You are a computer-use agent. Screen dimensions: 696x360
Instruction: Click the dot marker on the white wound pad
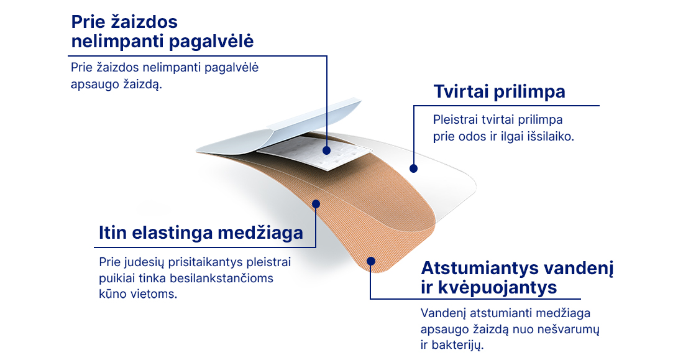click(327, 150)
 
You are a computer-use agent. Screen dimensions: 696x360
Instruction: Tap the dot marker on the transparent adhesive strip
click(414, 168)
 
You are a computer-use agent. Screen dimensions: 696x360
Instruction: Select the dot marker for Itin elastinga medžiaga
click(316, 204)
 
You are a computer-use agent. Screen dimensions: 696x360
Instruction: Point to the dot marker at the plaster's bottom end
click(370, 261)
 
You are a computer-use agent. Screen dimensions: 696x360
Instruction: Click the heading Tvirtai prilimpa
click(500, 91)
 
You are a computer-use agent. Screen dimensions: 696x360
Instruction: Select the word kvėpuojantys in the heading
click(498, 288)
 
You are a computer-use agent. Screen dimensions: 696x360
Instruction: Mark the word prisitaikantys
click(203, 262)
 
